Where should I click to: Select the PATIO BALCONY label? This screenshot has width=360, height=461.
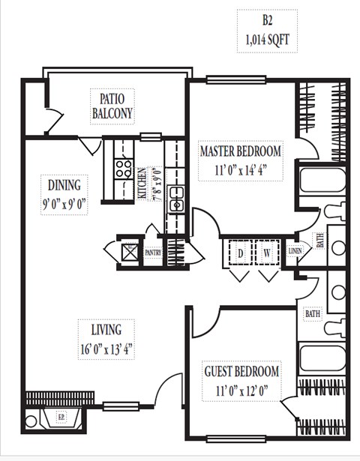point(112,106)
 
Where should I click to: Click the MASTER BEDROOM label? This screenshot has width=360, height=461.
point(241,151)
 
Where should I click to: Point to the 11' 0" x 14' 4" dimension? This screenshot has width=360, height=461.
point(241,169)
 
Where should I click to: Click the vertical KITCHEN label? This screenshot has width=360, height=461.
point(142,183)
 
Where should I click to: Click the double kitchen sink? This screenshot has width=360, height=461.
point(177,202)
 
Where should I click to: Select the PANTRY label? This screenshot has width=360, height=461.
point(153,253)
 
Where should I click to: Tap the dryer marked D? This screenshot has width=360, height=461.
point(240,253)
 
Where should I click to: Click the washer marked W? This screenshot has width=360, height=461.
point(266,253)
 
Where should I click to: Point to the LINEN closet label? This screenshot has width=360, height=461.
point(294,253)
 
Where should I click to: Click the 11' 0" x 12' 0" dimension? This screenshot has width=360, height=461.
point(241,388)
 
